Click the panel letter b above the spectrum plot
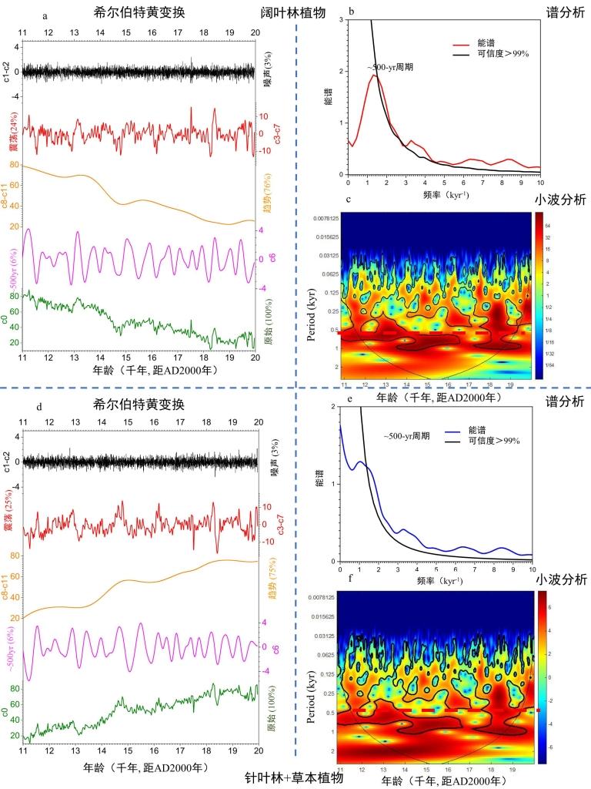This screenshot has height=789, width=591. pyautogui.click(x=351, y=12)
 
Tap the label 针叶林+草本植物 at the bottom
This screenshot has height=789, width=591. pyautogui.click(x=294, y=778)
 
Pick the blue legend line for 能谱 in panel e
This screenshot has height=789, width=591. pyautogui.click(x=459, y=430)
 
